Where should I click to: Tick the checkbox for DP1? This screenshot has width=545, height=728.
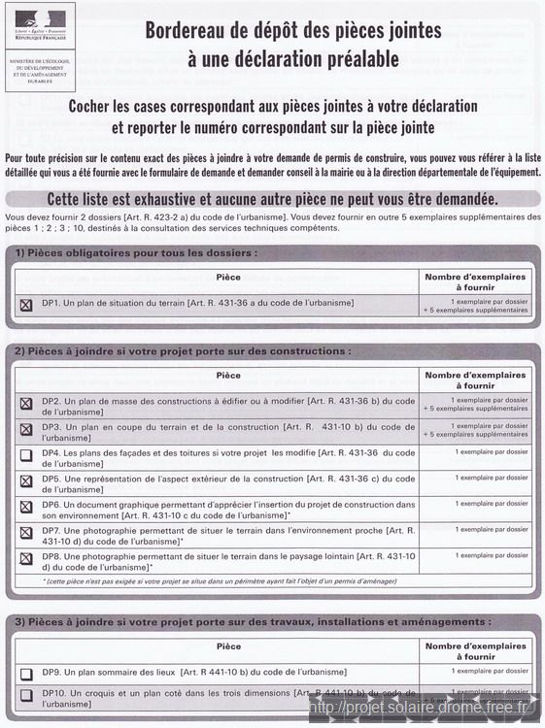(26, 305)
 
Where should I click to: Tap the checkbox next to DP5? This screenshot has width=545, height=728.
(26, 480)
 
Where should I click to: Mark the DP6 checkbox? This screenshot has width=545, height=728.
(26, 507)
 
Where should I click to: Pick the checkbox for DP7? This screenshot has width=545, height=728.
(26, 533)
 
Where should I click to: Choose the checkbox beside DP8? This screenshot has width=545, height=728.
(26, 559)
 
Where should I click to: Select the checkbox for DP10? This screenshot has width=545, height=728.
(26, 695)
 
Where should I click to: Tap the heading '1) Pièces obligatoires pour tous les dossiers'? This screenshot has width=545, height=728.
(137, 253)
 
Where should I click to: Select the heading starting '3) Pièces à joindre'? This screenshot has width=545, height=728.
(253, 621)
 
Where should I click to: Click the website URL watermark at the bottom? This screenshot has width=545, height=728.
(418, 708)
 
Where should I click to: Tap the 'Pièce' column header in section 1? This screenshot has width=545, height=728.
(228, 278)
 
